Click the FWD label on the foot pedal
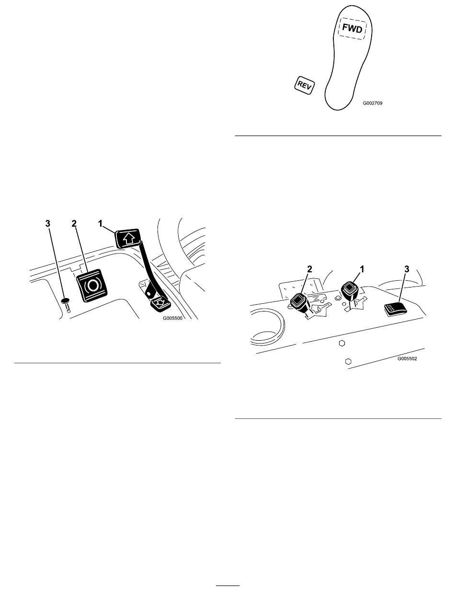(x=353, y=28)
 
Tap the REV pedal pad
(x=305, y=85)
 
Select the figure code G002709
(x=372, y=103)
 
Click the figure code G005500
(x=172, y=318)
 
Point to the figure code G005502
(x=407, y=358)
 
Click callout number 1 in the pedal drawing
(x=100, y=224)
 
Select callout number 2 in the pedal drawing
(x=74, y=224)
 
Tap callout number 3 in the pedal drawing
(x=48, y=224)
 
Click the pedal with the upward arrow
(x=128, y=238)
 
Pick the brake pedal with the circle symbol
(x=92, y=285)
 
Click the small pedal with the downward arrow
(x=160, y=303)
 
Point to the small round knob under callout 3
(x=65, y=301)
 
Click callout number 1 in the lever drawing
(x=362, y=269)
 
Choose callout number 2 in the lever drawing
(x=309, y=269)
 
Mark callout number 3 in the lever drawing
(x=407, y=269)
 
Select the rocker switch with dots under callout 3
(x=395, y=309)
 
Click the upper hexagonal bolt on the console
(x=341, y=343)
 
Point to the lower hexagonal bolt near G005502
(x=348, y=361)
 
